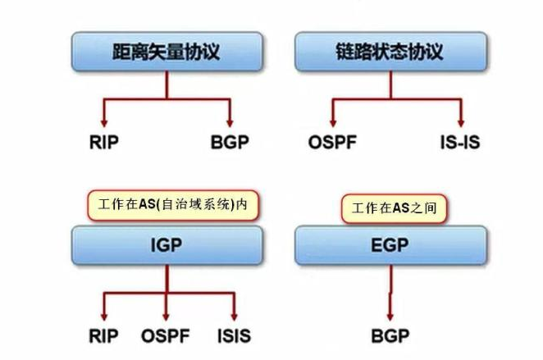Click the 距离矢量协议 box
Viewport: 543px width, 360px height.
click(167, 52)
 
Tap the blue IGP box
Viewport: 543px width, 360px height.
click(167, 245)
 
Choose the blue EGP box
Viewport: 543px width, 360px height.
click(390, 245)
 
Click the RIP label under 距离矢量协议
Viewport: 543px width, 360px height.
click(104, 142)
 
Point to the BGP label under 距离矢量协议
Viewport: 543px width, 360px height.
click(230, 142)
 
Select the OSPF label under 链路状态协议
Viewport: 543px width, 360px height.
click(332, 142)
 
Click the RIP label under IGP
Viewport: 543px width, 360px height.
click(104, 336)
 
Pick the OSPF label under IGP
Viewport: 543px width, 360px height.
click(167, 336)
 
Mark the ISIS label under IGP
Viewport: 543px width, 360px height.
click(235, 336)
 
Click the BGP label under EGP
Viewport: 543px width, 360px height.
click(390, 336)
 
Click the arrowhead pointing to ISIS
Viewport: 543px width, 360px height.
click(235, 316)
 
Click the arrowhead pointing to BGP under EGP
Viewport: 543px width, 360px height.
click(390, 316)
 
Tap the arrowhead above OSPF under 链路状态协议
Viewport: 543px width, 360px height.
click(332, 121)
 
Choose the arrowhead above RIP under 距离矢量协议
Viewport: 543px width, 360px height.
click(104, 121)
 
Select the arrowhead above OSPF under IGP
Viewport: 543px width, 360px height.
click(167, 316)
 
